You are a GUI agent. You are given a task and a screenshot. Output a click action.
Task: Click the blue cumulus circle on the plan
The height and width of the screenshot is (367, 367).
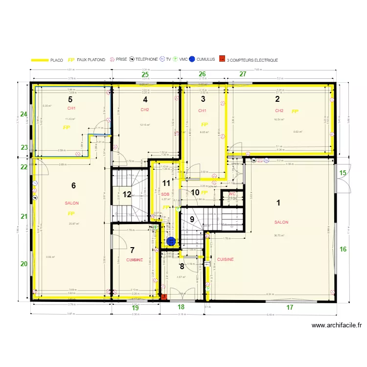point(171,241)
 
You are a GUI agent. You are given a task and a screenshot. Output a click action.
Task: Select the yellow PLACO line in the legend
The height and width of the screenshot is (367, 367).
point(40,60)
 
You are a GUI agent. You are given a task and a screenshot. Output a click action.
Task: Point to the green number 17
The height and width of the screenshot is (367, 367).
point(290,307)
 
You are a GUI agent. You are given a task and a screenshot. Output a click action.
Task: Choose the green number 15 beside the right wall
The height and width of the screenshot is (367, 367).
point(343,173)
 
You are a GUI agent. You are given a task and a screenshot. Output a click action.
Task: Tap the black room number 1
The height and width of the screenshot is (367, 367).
point(279,202)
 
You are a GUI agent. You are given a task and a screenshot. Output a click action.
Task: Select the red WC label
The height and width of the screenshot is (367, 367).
point(232,194)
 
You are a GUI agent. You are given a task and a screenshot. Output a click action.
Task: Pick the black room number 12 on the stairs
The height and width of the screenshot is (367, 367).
point(127,194)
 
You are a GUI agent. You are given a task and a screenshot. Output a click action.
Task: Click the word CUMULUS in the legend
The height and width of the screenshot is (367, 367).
point(206,60)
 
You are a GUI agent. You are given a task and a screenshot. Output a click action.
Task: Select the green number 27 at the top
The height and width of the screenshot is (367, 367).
point(243,74)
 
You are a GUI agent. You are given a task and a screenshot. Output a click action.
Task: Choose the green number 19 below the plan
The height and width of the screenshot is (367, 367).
point(136,308)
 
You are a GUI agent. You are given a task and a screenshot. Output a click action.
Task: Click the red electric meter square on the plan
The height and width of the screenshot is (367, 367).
point(163,296)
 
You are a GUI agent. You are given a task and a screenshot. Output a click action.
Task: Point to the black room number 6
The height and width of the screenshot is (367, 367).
point(73,185)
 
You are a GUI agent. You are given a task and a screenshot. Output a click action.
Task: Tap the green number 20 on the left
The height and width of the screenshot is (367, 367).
point(24,264)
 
